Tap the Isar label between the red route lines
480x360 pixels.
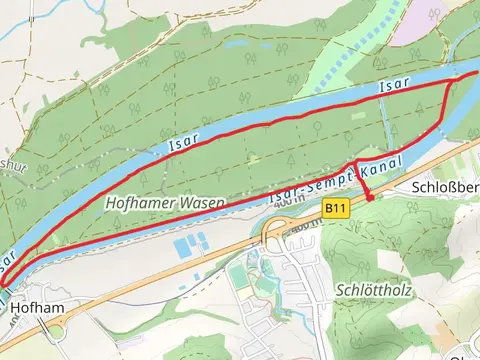point(394,91)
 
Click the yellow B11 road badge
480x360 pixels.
point(336,208)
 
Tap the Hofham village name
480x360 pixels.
point(31,310)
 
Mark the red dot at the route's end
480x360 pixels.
point(370,198)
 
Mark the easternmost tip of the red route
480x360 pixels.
point(478,73)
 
